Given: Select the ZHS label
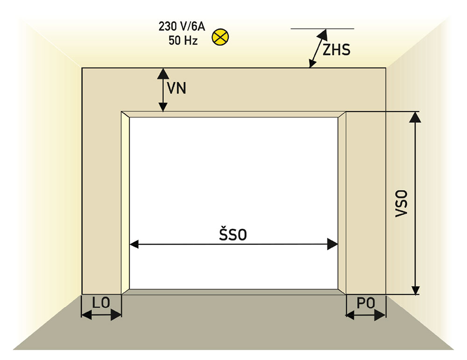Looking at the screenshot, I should (x=336, y=49).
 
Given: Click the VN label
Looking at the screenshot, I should (x=177, y=88).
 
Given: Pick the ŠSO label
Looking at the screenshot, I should (x=233, y=234).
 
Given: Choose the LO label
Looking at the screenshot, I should (x=101, y=303).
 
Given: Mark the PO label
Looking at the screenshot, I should (x=366, y=303).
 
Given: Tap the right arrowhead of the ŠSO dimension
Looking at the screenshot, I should (x=333, y=244).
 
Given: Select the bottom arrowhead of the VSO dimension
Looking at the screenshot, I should (x=415, y=289).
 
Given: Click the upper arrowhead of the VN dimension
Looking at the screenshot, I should (x=163, y=73).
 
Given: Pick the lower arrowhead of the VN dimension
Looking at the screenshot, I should (x=163, y=107).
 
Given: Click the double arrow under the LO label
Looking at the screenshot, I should (x=101, y=315).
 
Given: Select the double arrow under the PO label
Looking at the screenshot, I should (x=366, y=315).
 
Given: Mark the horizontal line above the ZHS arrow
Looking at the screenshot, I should (x=322, y=29).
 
